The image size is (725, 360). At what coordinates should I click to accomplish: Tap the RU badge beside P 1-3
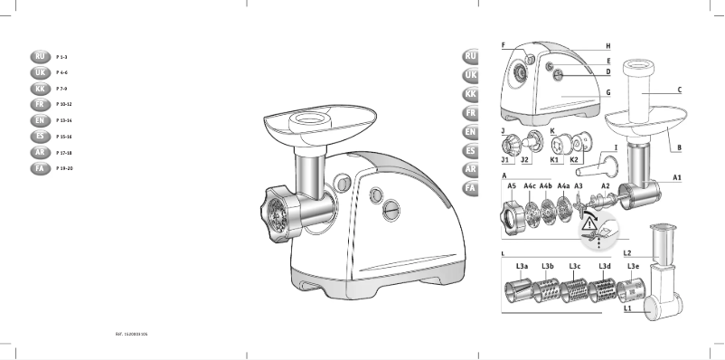39,56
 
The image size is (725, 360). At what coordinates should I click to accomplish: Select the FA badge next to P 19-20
39,168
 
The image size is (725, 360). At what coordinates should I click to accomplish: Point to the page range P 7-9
62,88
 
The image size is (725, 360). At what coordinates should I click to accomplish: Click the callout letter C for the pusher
679,90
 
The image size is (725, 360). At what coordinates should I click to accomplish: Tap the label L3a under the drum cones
522,267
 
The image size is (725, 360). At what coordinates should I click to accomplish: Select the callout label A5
512,185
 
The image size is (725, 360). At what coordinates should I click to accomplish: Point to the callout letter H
608,45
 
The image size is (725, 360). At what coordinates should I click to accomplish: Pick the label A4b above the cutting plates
545,185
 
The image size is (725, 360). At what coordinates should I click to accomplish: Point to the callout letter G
608,93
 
